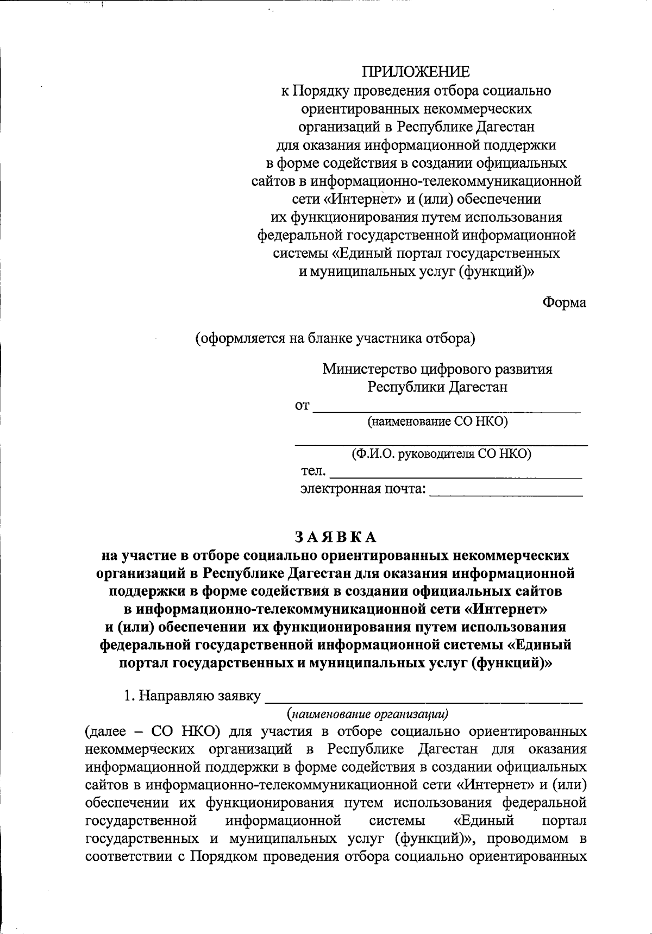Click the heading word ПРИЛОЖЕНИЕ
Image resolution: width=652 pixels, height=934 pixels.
(x=416, y=72)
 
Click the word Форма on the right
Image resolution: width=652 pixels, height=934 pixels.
(x=565, y=302)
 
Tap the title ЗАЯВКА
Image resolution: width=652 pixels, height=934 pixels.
(x=335, y=537)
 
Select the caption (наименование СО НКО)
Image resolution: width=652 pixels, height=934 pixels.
(x=438, y=422)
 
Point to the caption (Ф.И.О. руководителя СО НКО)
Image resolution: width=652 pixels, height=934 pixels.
(x=441, y=454)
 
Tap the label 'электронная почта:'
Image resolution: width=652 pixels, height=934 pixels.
(x=363, y=489)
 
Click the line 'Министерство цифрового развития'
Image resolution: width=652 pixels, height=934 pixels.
(x=437, y=369)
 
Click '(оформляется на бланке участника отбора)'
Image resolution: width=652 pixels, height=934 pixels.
(x=335, y=338)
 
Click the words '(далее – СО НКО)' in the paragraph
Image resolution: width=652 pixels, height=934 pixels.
(x=153, y=731)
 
